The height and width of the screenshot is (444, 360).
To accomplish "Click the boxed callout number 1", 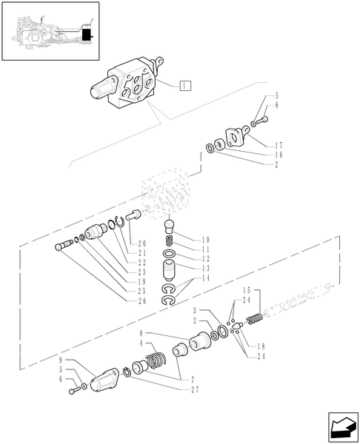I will click(x=184, y=85).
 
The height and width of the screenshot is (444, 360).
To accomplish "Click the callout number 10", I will click(x=205, y=240).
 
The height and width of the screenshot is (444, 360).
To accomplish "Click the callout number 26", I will click(x=141, y=301).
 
